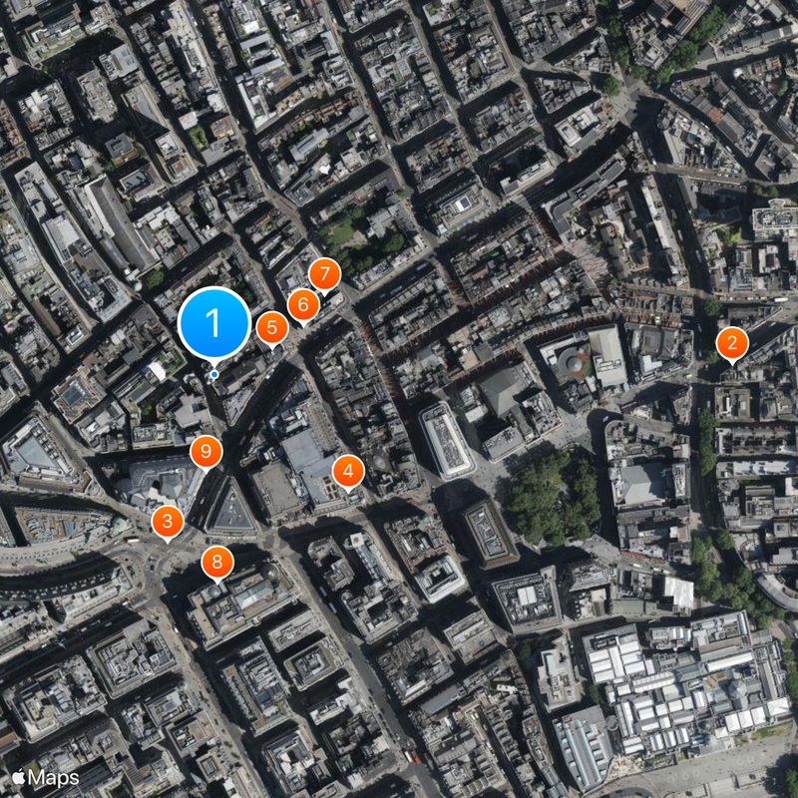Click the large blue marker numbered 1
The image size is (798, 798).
click(x=213, y=322)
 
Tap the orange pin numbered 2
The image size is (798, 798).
click(x=732, y=344)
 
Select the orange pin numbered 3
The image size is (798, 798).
click(x=167, y=521)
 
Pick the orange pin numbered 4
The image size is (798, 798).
click(x=347, y=471)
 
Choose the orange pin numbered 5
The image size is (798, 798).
click(x=271, y=327)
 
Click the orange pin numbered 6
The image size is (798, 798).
click(x=303, y=304)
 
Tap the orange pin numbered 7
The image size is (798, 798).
click(x=323, y=274)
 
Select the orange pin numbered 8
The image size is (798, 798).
click(x=217, y=562)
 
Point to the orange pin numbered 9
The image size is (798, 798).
click(x=205, y=452)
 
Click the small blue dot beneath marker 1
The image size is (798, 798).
click(x=214, y=375)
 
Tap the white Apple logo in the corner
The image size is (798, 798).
click(x=18, y=777)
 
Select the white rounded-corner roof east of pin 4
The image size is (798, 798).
click(x=446, y=440)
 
